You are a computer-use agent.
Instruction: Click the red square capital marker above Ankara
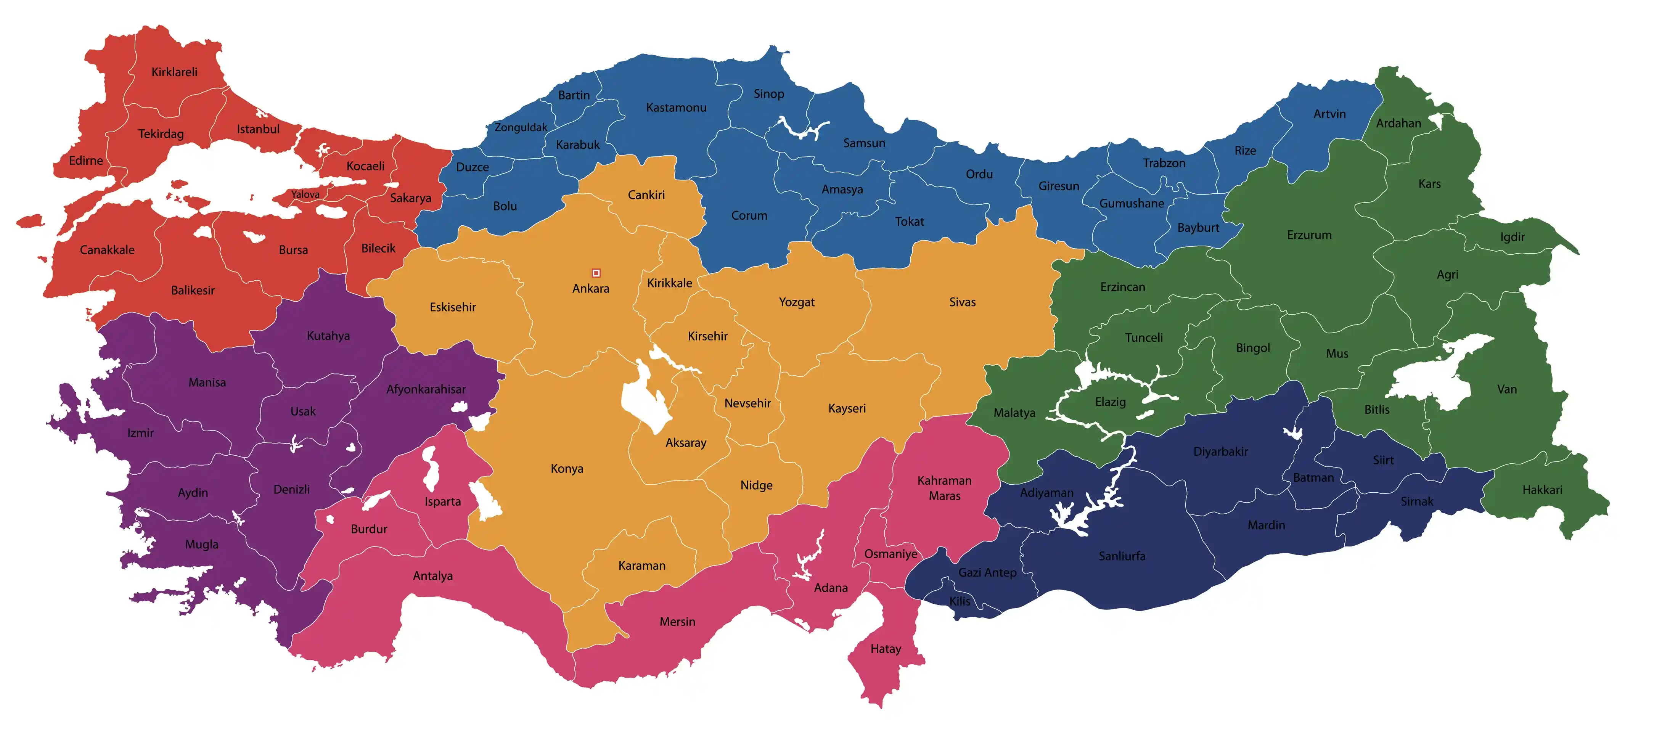596,273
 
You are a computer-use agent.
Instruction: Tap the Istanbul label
258,129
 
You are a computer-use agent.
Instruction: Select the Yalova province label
305,194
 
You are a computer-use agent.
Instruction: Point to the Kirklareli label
174,72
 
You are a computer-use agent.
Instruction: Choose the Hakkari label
1542,490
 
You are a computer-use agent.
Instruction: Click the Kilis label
960,601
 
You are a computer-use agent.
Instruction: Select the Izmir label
140,433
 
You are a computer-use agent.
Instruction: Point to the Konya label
566,469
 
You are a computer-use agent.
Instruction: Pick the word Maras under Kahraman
945,496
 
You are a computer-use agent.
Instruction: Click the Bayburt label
1198,228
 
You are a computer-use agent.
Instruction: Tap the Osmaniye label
890,554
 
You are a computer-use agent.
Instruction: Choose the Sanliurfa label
1122,556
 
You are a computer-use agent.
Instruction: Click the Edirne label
86,161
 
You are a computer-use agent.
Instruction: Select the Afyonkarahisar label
426,390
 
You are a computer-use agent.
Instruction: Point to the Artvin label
1330,114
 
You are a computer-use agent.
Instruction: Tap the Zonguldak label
521,128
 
